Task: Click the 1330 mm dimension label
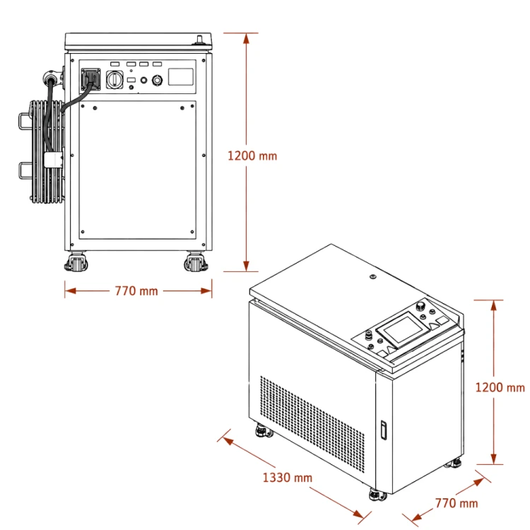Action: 288,478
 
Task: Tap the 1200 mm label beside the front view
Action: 252,156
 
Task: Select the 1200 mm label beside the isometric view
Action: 500,387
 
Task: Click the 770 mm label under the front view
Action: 136,291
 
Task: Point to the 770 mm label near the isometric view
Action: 457,503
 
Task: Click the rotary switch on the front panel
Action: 114,80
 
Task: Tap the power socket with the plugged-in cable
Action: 91,79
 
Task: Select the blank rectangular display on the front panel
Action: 181,77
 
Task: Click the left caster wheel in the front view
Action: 76,262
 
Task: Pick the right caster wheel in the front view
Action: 196,262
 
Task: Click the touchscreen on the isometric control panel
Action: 404,329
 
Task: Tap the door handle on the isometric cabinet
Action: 384,430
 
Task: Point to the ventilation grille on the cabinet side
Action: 312,424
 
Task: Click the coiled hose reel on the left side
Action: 47,152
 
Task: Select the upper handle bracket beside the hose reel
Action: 24,122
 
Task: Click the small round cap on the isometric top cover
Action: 373,277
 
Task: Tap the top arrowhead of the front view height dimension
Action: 246,39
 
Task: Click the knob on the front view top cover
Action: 199,40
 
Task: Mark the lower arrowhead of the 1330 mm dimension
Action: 358,514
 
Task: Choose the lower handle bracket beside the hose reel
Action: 24,171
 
